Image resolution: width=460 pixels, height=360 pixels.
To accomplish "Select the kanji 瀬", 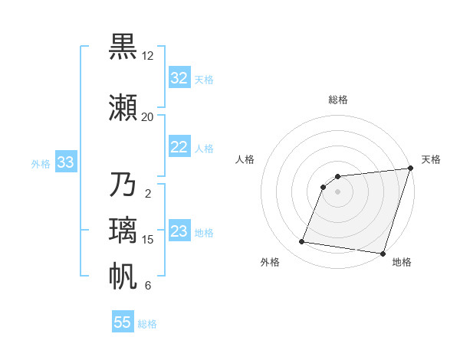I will coord(123,107).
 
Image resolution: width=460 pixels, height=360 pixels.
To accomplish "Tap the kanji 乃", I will coord(123,185).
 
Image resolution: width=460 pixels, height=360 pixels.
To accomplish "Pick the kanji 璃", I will coord(123,231).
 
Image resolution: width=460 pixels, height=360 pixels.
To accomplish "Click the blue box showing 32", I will coord(179,78).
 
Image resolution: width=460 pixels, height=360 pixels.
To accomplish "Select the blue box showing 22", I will coord(179,147).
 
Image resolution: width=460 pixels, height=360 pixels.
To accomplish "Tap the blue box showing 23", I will coord(179,231).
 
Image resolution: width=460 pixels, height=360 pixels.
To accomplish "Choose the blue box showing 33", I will coord(65,162).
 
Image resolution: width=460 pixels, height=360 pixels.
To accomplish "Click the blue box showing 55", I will coord(123,322).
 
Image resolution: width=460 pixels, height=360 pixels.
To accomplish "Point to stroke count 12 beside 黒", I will coord(147,56).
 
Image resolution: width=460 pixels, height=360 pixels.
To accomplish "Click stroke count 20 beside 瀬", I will coord(147,117).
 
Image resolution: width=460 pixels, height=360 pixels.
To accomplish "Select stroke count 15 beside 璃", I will coord(148,240).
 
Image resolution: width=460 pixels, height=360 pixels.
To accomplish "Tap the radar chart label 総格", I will coord(338,100).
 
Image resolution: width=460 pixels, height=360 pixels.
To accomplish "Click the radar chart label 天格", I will coord(431,159).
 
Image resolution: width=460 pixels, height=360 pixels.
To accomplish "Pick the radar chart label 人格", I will coord(245,159).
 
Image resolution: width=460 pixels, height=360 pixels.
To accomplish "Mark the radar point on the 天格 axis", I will coord(410,169).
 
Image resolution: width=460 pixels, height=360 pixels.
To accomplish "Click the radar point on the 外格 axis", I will coord(302,242).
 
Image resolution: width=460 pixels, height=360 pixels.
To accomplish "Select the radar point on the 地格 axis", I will coord(383,254).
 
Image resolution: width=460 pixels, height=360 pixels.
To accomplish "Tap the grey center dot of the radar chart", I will coord(338,191).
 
